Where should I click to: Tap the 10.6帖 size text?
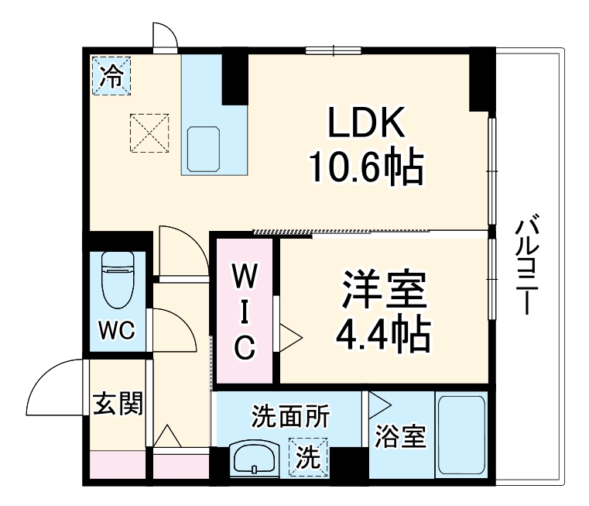[x=366, y=167]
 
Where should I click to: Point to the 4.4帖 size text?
[x=383, y=334]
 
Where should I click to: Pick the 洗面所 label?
[x=289, y=417]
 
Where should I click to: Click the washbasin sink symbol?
[x=255, y=459]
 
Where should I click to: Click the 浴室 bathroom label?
[x=400, y=436]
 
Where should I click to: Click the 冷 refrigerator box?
[x=112, y=76]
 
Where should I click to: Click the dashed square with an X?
[x=149, y=133]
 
